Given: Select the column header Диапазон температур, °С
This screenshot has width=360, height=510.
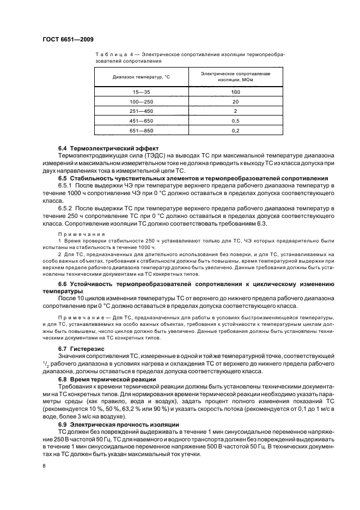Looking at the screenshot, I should [x=142, y=77].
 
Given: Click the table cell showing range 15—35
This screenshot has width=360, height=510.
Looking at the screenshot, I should [x=142, y=92].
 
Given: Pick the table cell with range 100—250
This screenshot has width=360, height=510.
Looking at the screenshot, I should [x=142, y=102].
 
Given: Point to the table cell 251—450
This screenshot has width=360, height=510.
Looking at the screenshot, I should [x=142, y=111].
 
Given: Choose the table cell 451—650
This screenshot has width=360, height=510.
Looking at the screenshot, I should [x=142, y=120].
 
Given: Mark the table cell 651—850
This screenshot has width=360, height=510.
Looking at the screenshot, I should [x=142, y=130].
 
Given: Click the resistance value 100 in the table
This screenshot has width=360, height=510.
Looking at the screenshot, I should [x=235, y=92].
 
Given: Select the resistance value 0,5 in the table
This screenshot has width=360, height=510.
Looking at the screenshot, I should [x=235, y=120].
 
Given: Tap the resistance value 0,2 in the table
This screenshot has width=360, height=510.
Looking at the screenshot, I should [x=235, y=130].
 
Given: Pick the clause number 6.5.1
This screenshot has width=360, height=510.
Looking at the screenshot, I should [x=68, y=186].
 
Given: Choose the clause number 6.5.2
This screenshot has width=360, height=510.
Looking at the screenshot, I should [x=68, y=209].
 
